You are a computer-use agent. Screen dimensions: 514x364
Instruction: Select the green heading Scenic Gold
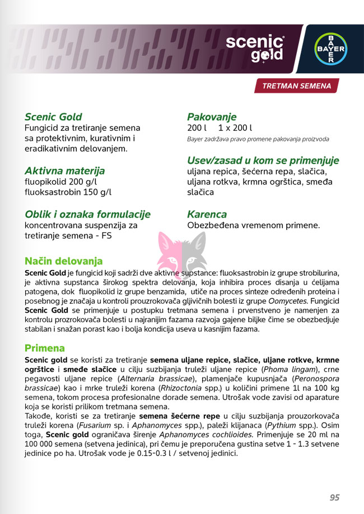53,117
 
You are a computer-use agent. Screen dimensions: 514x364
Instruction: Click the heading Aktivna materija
64,171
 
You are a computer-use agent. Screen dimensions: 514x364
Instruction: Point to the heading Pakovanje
212,117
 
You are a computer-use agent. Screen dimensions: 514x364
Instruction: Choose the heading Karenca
207,214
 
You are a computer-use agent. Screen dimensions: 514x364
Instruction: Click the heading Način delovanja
63,261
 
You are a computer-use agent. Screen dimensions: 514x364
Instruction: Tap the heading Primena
45,348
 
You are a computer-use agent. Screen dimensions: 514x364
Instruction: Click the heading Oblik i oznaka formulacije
87,214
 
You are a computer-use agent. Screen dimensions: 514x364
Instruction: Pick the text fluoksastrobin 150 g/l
68,192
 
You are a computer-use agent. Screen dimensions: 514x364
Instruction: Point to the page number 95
334,497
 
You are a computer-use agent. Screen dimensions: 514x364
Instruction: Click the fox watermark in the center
182,252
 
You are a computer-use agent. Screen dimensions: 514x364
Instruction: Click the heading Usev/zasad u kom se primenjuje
263,161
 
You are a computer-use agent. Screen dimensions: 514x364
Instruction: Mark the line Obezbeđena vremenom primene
253,225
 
